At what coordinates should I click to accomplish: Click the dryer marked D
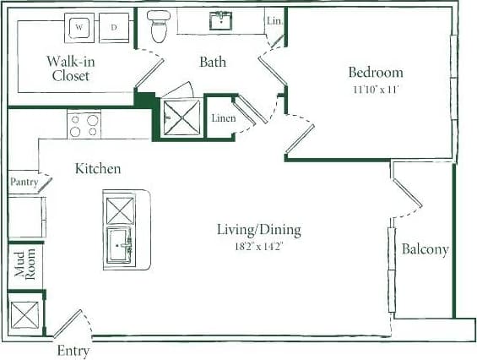113,27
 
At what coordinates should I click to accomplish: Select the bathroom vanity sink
224,20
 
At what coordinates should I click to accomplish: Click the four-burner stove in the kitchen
84,126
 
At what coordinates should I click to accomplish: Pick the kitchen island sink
119,246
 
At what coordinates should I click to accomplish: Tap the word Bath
213,62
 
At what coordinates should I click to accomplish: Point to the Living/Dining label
259,230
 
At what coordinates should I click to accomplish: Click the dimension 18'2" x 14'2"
259,246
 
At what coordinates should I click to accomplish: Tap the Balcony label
424,250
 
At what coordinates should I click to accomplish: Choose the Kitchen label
98,169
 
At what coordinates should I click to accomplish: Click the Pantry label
23,182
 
